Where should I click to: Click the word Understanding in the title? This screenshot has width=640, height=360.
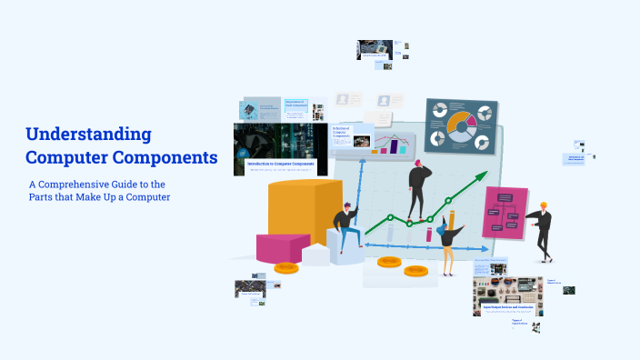pyautogui.click(x=88, y=135)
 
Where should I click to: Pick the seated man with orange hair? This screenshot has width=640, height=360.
pyautogui.click(x=345, y=226)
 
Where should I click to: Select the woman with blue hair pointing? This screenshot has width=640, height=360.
pyautogui.click(x=446, y=244)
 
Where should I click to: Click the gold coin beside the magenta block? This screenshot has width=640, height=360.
pyautogui.click(x=286, y=267)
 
